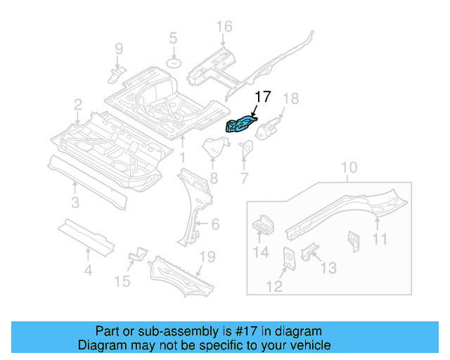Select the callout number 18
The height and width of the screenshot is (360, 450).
coord(290,98)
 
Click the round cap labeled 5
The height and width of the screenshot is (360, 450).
coord(173,64)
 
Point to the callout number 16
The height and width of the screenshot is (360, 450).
coord(223,27)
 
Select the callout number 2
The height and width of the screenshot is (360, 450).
coord(77,105)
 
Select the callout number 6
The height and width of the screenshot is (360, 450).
coord(215,224)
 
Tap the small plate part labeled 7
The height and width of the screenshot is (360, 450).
coord(247,149)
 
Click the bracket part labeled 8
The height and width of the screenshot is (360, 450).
coord(214,149)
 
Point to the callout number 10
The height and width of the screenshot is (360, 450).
coord(349,168)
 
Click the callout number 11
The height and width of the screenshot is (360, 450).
coord(380,240)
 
